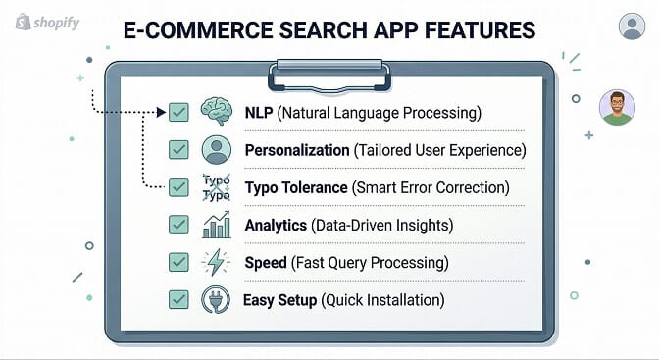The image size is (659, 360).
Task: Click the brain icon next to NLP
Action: point(215,112)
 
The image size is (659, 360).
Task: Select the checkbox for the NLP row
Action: point(178,113)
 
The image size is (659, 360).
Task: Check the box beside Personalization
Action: point(178,150)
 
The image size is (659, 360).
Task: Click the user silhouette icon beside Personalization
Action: point(215,150)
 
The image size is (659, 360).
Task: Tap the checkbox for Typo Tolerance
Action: point(178,187)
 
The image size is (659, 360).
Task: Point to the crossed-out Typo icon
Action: point(215,187)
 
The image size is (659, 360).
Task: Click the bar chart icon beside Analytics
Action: point(215,225)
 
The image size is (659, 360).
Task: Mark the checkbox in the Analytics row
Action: point(178,225)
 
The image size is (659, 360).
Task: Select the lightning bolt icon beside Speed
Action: point(215,262)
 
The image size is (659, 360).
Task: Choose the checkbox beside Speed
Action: point(178,262)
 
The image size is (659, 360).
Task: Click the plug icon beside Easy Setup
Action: point(215,299)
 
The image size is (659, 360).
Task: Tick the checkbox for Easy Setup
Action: point(178,299)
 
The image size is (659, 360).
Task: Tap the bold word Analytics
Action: point(276,225)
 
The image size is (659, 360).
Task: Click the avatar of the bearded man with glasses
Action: point(616,107)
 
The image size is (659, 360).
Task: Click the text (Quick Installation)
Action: point(383,299)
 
